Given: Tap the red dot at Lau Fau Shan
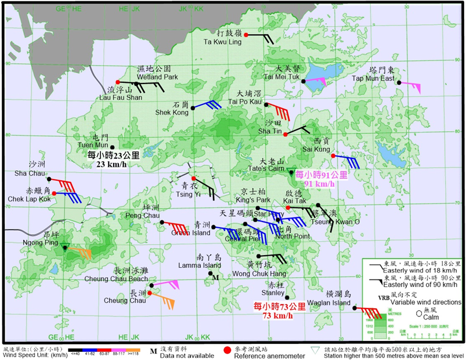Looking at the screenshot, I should [x=118, y=82].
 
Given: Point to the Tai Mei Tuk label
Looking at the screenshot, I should [x=281, y=77].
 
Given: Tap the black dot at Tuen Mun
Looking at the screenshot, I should [x=113, y=147].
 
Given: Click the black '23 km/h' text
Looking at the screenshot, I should [x=113, y=164].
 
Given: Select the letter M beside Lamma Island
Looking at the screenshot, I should [x=215, y=278].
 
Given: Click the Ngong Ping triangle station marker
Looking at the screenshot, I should [x=66, y=248].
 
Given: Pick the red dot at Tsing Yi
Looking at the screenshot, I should [x=193, y=178].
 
